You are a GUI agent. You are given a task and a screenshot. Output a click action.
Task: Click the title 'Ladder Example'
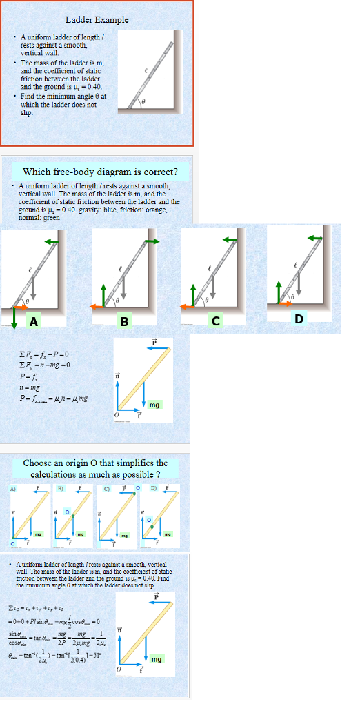click(97, 20)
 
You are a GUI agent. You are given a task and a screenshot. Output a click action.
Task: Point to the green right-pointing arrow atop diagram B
click(150, 241)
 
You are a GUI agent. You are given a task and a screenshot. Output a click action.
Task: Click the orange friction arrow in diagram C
click(188, 305)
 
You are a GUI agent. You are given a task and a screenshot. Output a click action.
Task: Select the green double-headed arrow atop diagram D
click(314, 238)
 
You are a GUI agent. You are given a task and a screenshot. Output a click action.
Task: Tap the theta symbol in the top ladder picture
click(141, 101)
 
